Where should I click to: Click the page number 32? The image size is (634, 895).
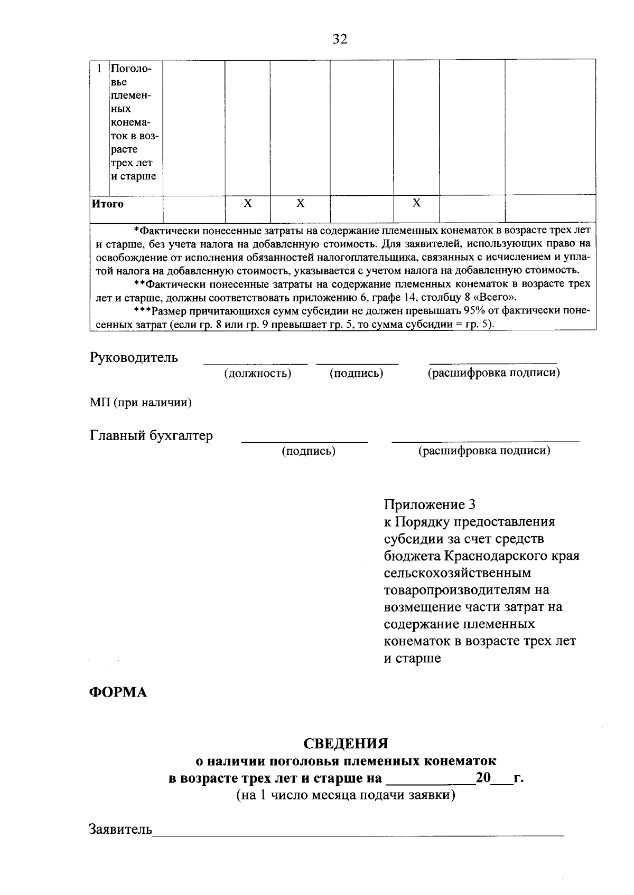pos(340,39)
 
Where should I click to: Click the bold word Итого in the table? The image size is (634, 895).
pos(108,204)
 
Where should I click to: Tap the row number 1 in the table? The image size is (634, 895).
pos(99,69)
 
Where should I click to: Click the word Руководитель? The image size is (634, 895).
pos(134,357)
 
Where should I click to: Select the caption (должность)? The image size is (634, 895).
pos(258,374)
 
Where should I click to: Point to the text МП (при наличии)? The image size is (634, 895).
pos(141,403)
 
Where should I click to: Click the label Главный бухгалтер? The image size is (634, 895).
pos(151,436)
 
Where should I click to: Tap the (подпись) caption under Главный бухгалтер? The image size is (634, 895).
pos(309,451)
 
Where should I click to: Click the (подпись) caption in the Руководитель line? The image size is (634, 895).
pos(356,374)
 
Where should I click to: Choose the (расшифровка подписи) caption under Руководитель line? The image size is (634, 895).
pos(493,373)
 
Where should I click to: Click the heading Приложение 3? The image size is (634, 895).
pos(430,504)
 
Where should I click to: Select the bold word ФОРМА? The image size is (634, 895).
pos(117,692)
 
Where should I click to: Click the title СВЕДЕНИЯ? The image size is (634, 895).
pos(346,744)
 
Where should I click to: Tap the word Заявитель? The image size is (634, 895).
pos(120,829)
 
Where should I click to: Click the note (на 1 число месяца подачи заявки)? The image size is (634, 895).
pos(346,795)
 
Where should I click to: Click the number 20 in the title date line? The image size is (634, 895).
pos(483,778)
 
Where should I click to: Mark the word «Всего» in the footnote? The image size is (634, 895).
pos(489,297)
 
